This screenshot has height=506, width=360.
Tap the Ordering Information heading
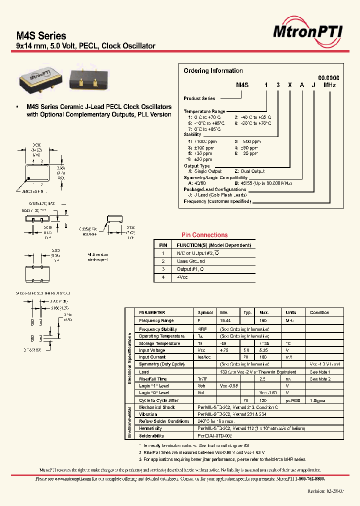pos(213,71)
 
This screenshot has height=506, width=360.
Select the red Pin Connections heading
pos(204,235)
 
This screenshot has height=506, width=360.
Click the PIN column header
pos(163,245)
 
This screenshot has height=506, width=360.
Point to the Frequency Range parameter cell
pos(156,320)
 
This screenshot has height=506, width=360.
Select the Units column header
pos(290,312)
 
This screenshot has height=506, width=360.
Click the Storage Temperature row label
pos(159,343)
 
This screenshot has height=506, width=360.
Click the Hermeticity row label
pos(150,428)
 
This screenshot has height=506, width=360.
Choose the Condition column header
pos(319,312)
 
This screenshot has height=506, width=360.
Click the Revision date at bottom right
pos(325,491)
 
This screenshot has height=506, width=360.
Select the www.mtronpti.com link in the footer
pos(69,478)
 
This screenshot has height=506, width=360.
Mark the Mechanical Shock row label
pos(157,407)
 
